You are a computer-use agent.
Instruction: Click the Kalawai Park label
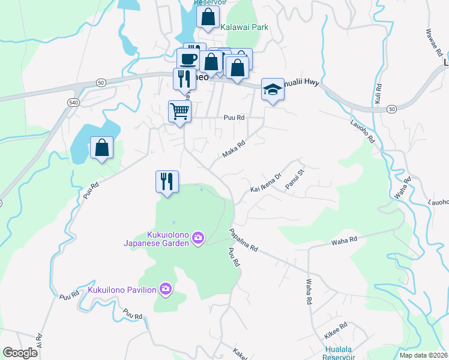[x=244, y=27]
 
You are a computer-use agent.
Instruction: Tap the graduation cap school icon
[x=273, y=90]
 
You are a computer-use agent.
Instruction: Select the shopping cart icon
[x=180, y=110]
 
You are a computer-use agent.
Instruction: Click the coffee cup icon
[x=188, y=59]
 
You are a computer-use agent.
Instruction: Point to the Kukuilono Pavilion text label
[x=122, y=290]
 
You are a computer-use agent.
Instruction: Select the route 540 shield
[x=73, y=103]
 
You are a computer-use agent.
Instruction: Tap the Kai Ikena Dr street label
[x=266, y=184]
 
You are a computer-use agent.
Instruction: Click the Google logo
[x=20, y=353]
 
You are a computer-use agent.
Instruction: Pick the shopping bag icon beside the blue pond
[x=101, y=147]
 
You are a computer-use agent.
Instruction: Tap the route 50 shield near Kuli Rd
[x=391, y=109]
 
